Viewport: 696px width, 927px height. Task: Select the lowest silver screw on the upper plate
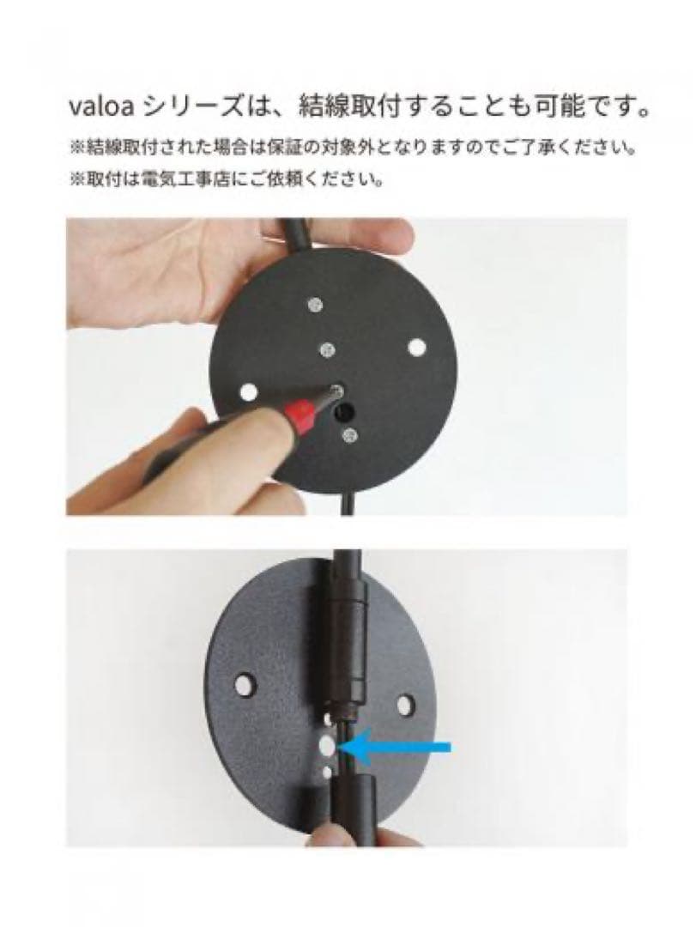349,436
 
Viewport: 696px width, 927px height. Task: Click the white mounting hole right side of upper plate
417,347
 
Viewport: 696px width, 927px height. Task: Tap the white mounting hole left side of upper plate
249,391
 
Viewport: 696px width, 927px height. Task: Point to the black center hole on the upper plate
346,413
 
